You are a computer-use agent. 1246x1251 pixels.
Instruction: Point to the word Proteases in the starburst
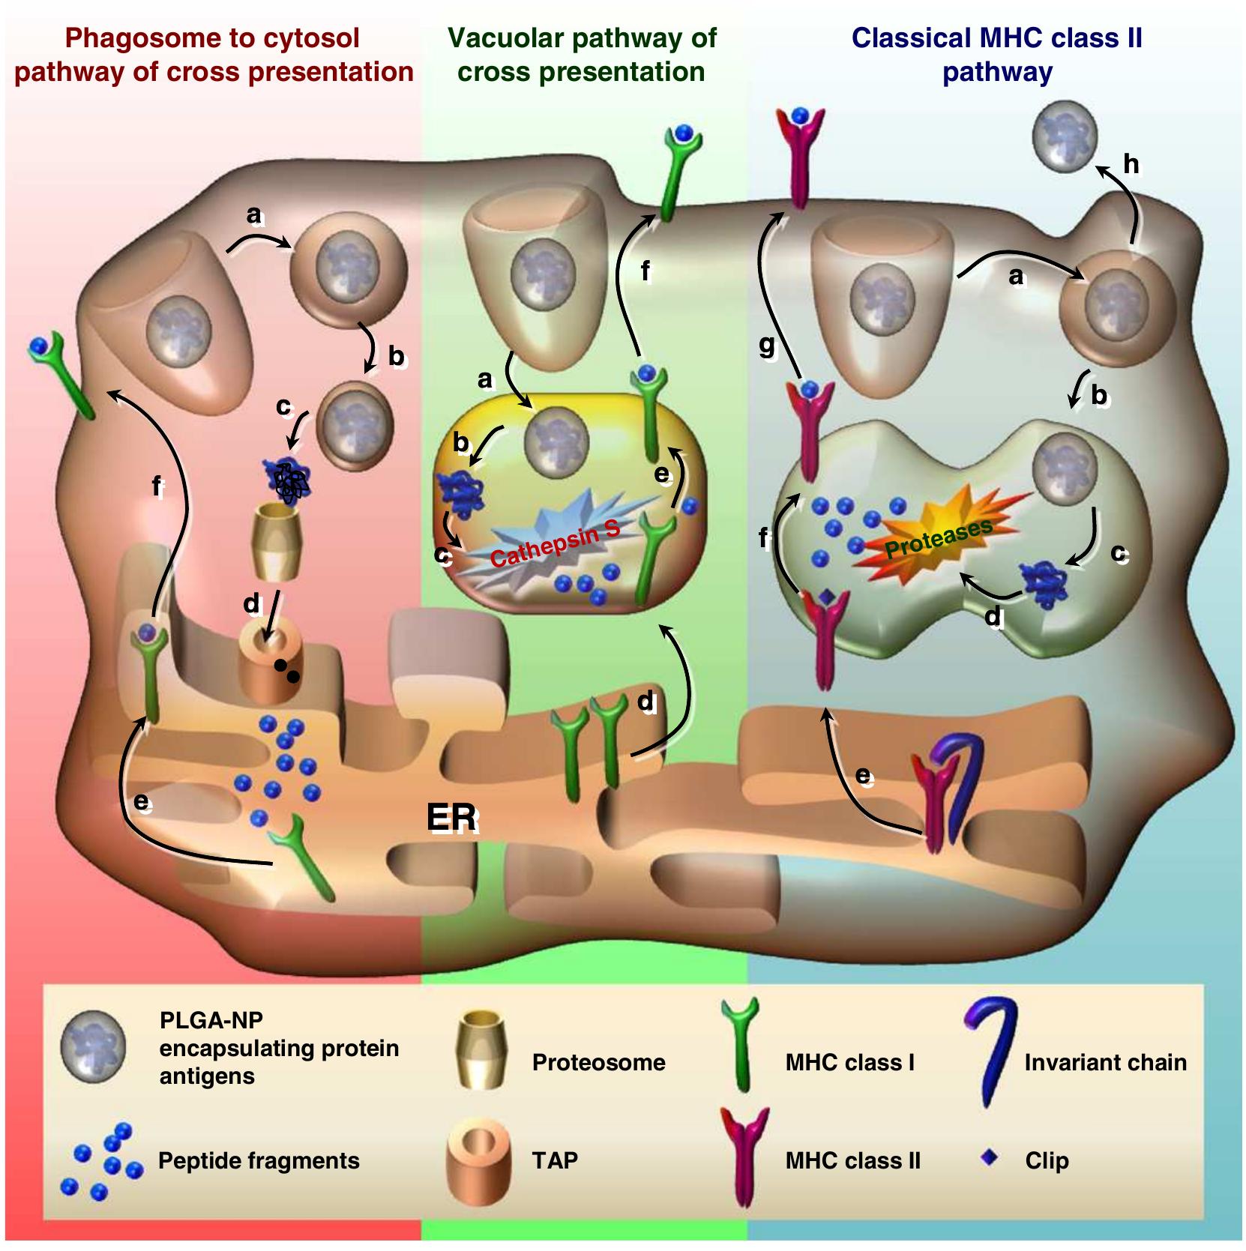coord(939,538)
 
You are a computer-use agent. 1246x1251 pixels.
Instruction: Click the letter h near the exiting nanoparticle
coord(1131,163)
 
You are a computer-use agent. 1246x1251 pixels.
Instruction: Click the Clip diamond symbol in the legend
coord(990,1158)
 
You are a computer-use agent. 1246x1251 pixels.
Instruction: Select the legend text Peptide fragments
coord(259,1161)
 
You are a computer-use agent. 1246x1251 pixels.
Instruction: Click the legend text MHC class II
coord(852,1161)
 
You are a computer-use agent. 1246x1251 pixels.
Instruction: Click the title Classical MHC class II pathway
coord(996,54)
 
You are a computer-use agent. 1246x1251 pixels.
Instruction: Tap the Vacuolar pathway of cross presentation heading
coord(582,54)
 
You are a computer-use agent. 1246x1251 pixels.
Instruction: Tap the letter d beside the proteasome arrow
coord(251,603)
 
